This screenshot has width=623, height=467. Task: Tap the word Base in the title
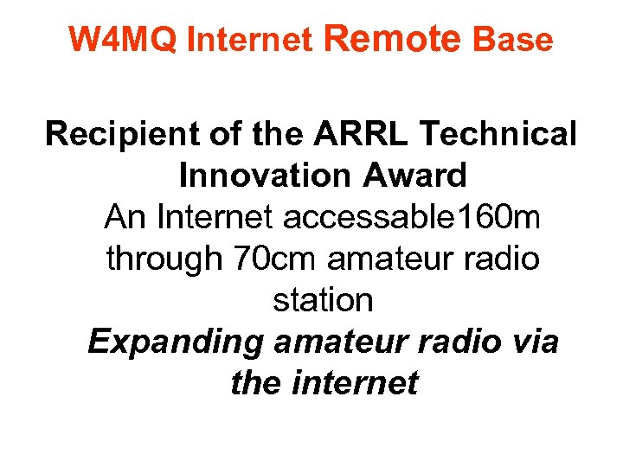pos(512,40)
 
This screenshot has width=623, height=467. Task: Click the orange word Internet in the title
pos(249,40)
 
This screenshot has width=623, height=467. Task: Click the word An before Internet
pos(125,217)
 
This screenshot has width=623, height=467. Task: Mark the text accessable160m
pos(412,217)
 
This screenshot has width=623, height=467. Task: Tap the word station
pos(323,300)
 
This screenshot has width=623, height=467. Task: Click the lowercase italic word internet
pos(355,382)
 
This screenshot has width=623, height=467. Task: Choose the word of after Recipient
pos(224,134)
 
